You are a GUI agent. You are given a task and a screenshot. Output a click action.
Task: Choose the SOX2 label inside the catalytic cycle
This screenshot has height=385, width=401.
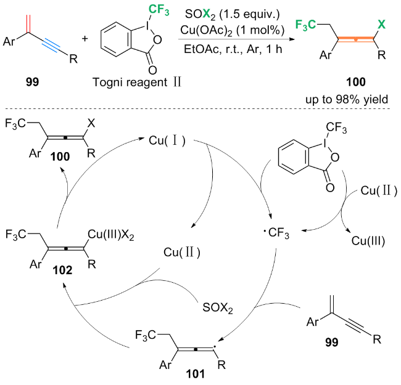click(x=218, y=306)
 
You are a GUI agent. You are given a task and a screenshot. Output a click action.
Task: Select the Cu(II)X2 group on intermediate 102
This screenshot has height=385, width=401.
click(x=112, y=232)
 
